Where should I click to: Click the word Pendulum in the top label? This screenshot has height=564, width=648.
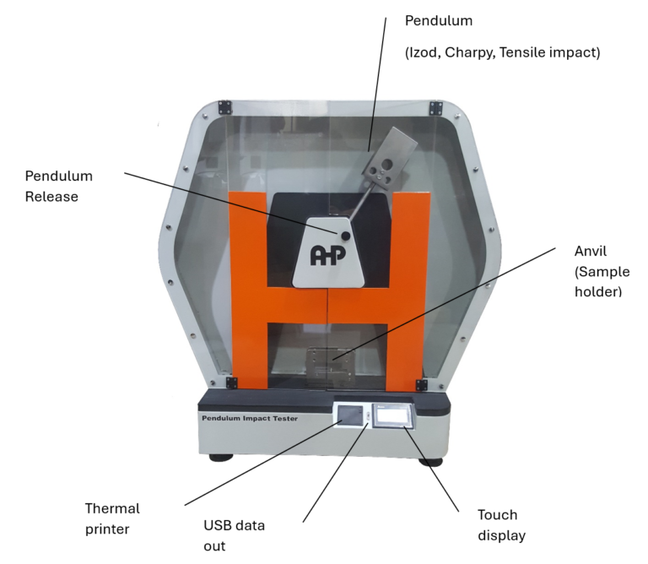pyautogui.click(x=439, y=19)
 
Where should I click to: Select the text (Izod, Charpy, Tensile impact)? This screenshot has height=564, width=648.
pyautogui.click(x=502, y=52)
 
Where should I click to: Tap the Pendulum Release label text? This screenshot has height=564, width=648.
pyautogui.click(x=58, y=187)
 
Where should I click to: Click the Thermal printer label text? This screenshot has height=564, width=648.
pyautogui.click(x=112, y=519)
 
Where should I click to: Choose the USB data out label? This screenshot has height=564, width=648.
pyautogui.click(x=234, y=535)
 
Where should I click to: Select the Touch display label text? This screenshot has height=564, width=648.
pyautogui.click(x=498, y=525)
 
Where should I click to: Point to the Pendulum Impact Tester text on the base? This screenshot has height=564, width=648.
pyautogui.click(x=249, y=418)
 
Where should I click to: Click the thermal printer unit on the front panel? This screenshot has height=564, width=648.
pyautogui.click(x=349, y=417)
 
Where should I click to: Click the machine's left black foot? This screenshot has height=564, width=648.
pyautogui.click(x=221, y=457)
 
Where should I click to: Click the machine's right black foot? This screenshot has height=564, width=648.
pyautogui.click(x=430, y=460)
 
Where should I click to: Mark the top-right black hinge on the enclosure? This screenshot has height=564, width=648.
pyautogui.click(x=435, y=107)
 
